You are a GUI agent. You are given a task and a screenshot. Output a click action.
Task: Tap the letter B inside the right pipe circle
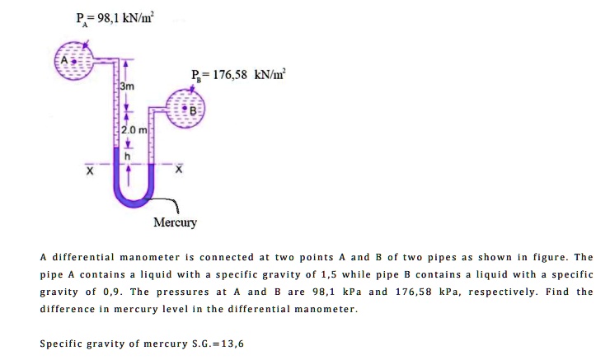[195, 110]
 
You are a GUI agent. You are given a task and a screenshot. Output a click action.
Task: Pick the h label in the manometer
[127, 156]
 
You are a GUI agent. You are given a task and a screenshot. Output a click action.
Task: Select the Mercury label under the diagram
[175, 223]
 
